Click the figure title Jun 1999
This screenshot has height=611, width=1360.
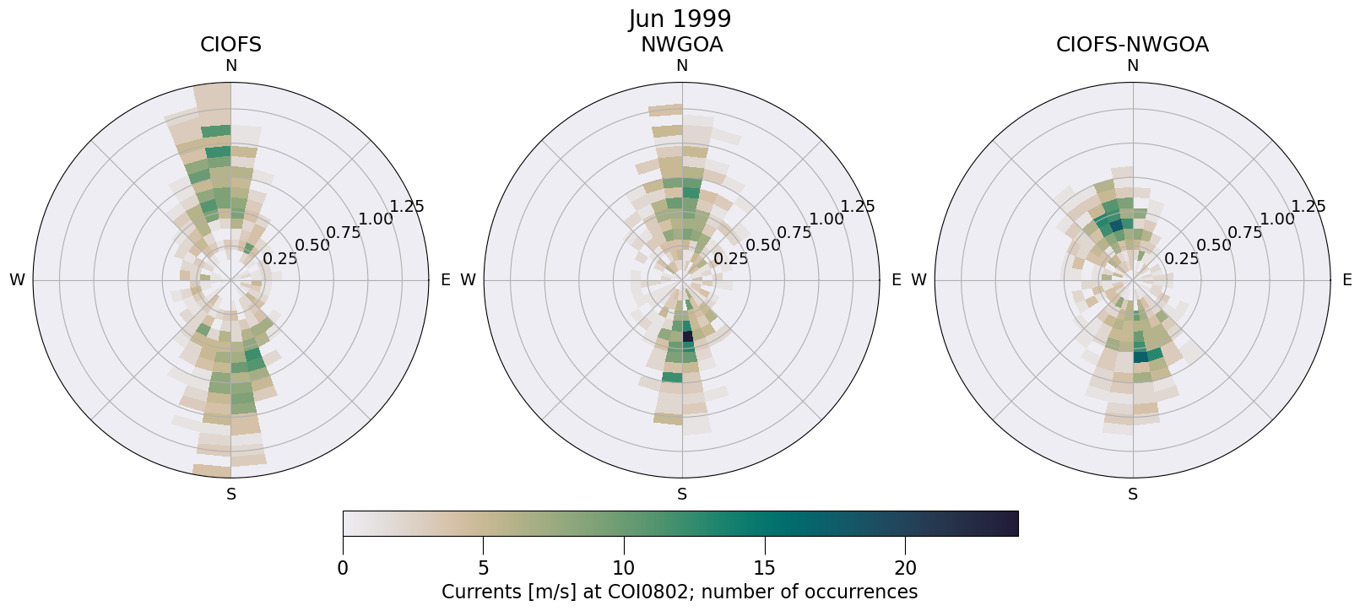[680, 19]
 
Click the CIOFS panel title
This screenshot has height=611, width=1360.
[230, 45]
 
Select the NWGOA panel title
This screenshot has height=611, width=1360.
[681, 45]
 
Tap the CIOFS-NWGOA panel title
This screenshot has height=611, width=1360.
[1132, 45]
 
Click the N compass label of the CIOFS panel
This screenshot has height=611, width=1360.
[231, 66]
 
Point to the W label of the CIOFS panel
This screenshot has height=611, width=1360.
[17, 280]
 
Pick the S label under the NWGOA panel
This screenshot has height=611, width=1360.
[682, 495]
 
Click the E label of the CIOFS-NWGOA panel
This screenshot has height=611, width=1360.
[1347, 280]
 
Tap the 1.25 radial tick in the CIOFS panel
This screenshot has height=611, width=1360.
[407, 206]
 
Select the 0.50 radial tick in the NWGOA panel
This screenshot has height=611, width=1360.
[763, 246]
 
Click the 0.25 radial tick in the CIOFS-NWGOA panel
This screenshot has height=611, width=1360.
[1182, 258]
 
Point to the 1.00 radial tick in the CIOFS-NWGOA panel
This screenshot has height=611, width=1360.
[1277, 219]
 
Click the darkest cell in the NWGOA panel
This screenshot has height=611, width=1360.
[687, 336]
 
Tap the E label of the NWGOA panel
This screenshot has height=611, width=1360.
[897, 280]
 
